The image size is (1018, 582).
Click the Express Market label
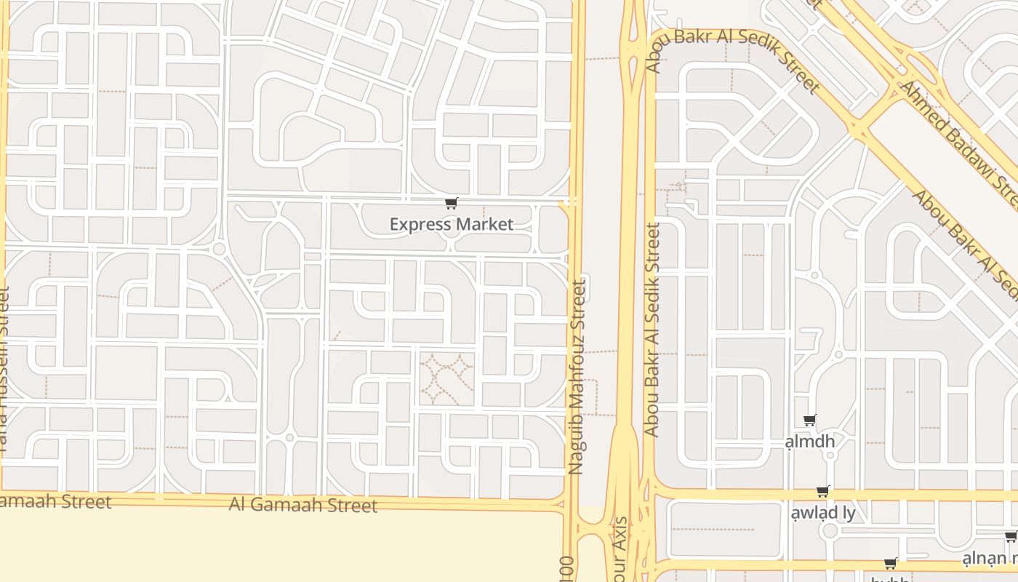click(451, 224)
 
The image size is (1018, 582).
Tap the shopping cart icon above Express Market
click(452, 204)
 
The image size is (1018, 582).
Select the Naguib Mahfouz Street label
click(577, 377)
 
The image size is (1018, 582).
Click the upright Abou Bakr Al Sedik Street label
click(652, 330)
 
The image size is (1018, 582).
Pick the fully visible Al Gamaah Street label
click(303, 504)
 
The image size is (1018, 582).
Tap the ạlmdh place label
click(810, 442)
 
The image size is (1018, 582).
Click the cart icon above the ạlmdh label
click(810, 420)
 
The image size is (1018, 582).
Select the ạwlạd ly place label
click(823, 512)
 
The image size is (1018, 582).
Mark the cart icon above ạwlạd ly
click(823, 492)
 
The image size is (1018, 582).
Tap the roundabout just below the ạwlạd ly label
click(830, 530)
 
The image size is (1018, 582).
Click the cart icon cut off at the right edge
click(1011, 537)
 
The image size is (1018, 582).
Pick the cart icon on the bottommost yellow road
click(890, 564)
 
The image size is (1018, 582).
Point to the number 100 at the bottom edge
click(567, 570)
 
